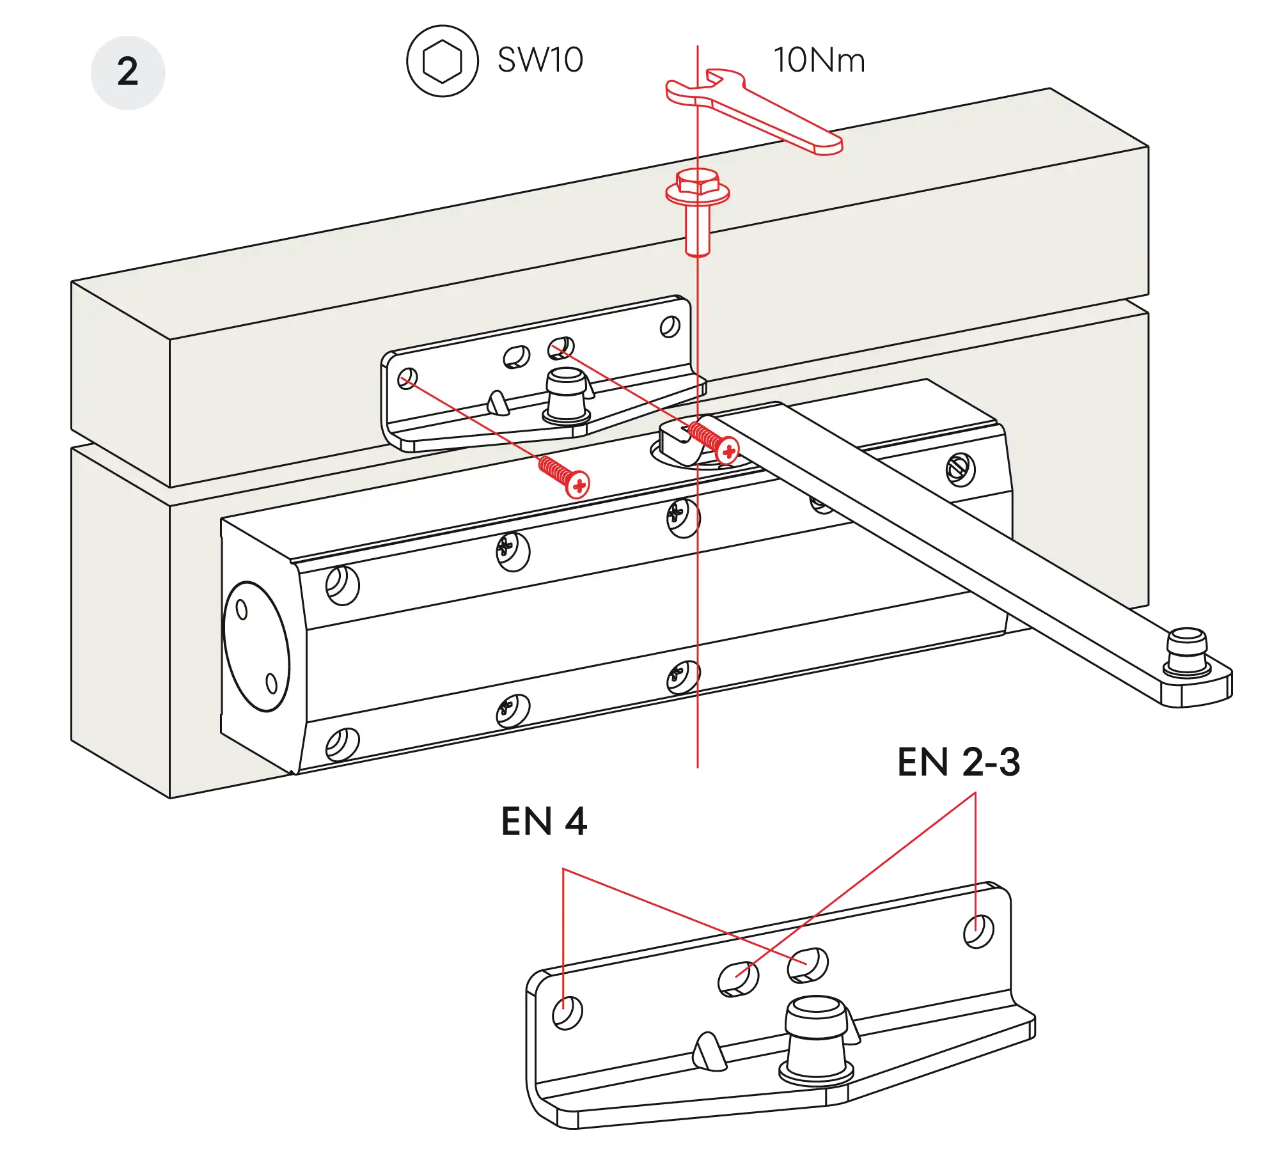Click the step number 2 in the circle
coord(127,72)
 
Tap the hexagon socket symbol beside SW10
coord(441,61)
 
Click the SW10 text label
coord(539,60)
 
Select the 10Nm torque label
coord(818,60)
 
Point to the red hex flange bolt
coord(698,205)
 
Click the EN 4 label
coord(544,822)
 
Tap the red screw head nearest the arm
coord(728,451)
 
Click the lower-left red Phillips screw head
coord(578,485)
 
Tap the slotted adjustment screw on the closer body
coord(961,470)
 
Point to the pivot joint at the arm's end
coord(1188,659)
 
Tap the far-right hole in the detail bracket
coord(978,931)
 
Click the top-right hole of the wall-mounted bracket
coord(670,327)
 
